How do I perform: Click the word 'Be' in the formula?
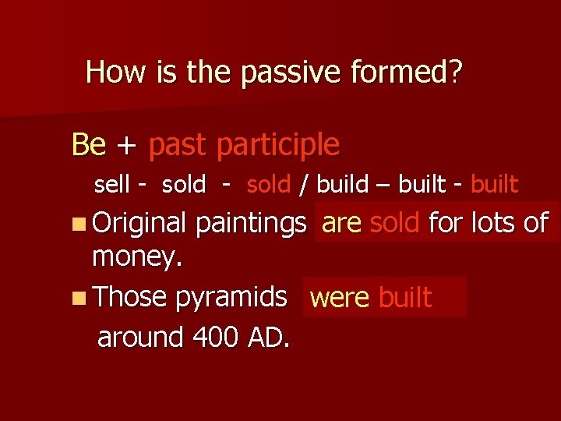tap(88, 144)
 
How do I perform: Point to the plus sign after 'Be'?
tap(126, 146)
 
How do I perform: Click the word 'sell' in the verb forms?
tap(111, 185)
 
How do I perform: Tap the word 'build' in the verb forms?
tap(343, 185)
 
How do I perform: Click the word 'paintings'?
tap(250, 225)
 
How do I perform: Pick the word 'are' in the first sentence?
tap(341, 224)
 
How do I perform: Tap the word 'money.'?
tap(136, 258)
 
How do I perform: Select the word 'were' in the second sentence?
tap(340, 298)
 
